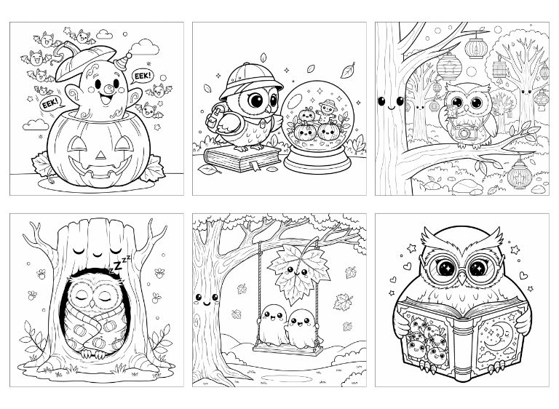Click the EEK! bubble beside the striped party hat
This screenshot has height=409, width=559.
(x=143, y=76)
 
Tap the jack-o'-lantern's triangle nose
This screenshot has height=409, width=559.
(x=101, y=155)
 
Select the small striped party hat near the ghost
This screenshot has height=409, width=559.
(x=123, y=61)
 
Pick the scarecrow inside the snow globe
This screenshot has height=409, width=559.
(x=326, y=111)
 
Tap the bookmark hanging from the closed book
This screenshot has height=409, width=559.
(x=255, y=166)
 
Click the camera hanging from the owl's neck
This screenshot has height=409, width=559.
(x=464, y=132)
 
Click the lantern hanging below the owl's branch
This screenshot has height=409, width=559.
(x=519, y=174)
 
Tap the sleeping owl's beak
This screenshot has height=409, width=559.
(x=92, y=303)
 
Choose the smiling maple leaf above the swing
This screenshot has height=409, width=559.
(x=299, y=274)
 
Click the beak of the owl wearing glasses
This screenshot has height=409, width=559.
(x=462, y=278)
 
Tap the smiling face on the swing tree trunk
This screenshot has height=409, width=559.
(x=206, y=300)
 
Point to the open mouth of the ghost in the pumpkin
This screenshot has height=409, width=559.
(x=106, y=100)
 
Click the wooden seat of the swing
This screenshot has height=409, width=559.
(x=288, y=349)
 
